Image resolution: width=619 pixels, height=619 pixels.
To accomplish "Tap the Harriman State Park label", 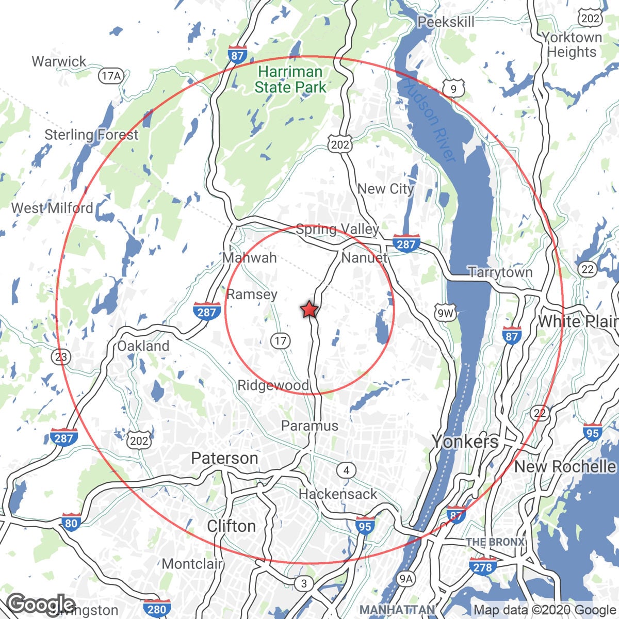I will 290,79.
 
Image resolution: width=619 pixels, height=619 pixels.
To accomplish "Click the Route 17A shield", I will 111,76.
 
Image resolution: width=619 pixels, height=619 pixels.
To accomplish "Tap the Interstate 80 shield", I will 71,523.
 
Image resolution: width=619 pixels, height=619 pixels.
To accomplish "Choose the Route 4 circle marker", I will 347,470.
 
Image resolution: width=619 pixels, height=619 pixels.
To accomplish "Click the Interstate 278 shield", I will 483,567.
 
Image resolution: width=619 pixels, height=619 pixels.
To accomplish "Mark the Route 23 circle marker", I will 61,356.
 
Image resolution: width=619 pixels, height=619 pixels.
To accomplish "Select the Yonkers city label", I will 465,442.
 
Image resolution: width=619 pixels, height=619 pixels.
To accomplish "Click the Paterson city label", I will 224,458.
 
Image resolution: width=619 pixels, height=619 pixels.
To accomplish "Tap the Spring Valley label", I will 337,229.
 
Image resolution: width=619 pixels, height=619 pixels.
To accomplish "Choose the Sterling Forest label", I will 91,135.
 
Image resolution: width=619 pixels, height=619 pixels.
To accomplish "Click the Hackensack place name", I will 338,494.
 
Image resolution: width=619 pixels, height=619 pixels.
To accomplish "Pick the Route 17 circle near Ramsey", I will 281,340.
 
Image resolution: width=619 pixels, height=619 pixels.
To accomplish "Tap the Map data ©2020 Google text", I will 545,610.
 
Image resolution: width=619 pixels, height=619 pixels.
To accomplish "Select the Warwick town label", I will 59,61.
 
